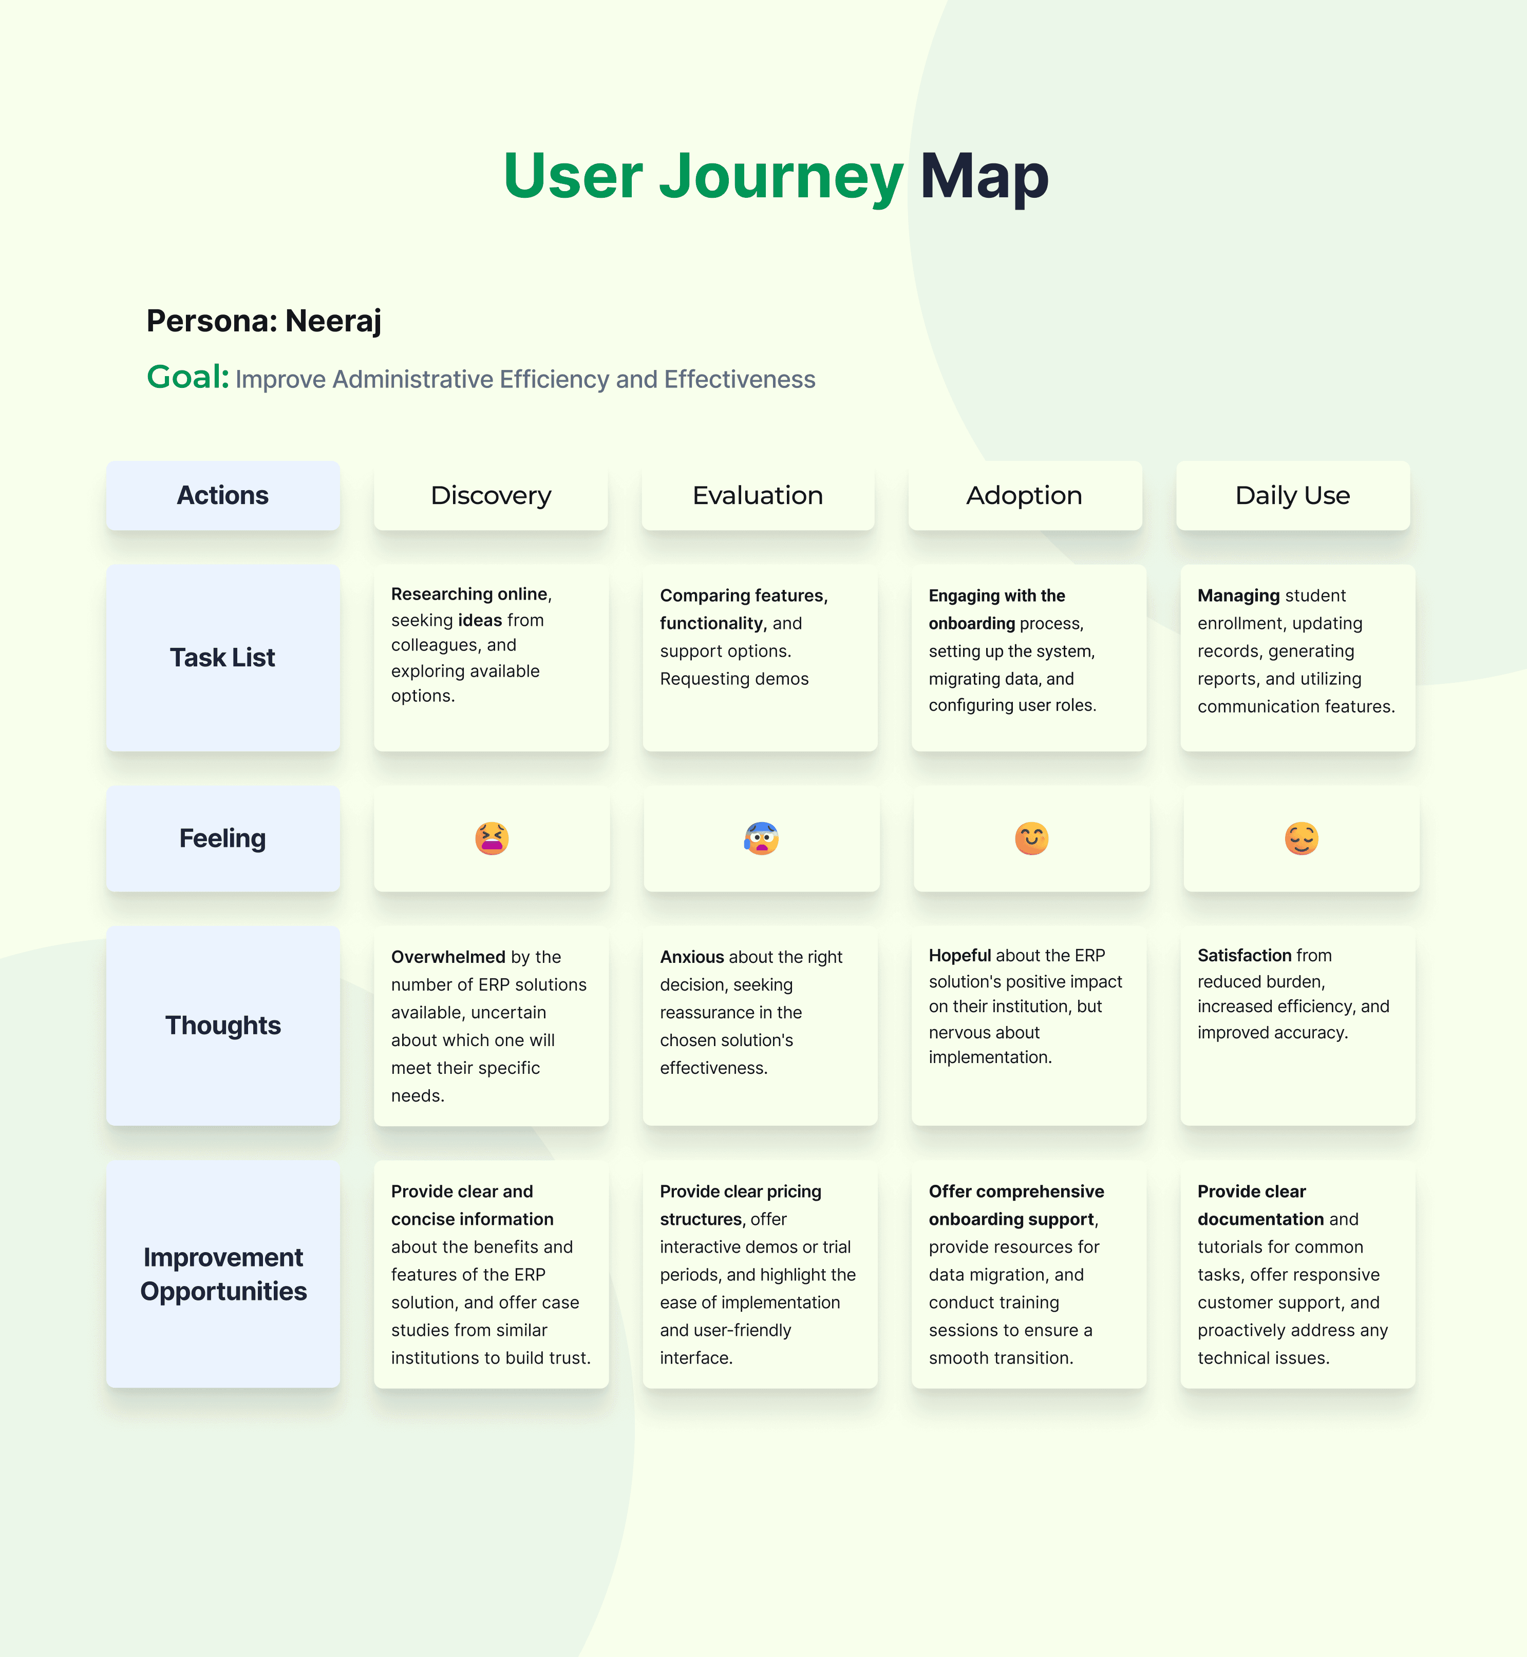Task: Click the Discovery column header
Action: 491,495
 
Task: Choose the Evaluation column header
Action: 758,495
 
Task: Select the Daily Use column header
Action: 1292,495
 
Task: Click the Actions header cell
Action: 222,495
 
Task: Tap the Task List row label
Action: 222,657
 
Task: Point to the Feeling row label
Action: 222,838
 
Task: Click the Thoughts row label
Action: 222,1025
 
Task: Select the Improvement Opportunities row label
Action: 223,1274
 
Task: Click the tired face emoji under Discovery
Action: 492,838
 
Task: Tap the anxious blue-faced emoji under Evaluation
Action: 761,838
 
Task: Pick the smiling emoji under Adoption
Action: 1031,838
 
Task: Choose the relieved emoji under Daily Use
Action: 1302,838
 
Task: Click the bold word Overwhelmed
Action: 447,957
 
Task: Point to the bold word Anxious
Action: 692,957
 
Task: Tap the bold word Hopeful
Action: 959,955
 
